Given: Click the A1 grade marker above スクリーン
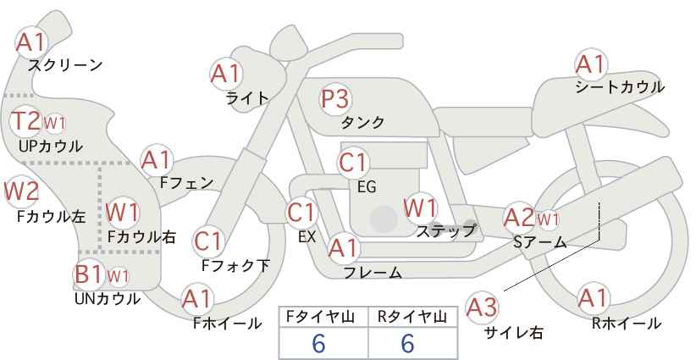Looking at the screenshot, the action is click(x=31, y=42).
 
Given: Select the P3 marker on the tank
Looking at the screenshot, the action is click(x=335, y=99).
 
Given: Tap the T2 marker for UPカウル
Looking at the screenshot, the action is click(x=25, y=121).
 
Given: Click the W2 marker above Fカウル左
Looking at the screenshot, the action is click(x=21, y=191).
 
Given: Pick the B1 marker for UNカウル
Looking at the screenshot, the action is click(x=89, y=274).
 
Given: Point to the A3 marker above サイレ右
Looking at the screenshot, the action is click(x=482, y=307).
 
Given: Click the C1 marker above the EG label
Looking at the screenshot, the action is click(x=353, y=163).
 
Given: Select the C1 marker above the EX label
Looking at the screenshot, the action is click(x=301, y=213).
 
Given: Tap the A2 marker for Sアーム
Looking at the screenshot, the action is click(x=519, y=218).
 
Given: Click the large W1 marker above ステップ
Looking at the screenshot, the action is click(x=420, y=208).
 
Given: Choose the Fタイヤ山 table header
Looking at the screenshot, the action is click(x=320, y=317).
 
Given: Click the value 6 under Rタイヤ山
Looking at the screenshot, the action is click(x=407, y=343).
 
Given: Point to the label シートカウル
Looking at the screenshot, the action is click(x=620, y=87).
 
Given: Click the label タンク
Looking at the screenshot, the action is click(x=362, y=122).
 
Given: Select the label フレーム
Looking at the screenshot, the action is click(x=373, y=272).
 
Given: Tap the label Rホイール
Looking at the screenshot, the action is click(x=626, y=324).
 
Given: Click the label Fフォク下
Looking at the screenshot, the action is click(x=235, y=265).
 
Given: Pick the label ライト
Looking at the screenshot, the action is click(x=247, y=98).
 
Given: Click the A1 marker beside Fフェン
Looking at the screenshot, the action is click(x=157, y=160).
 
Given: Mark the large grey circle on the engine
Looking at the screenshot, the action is click(x=384, y=219).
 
